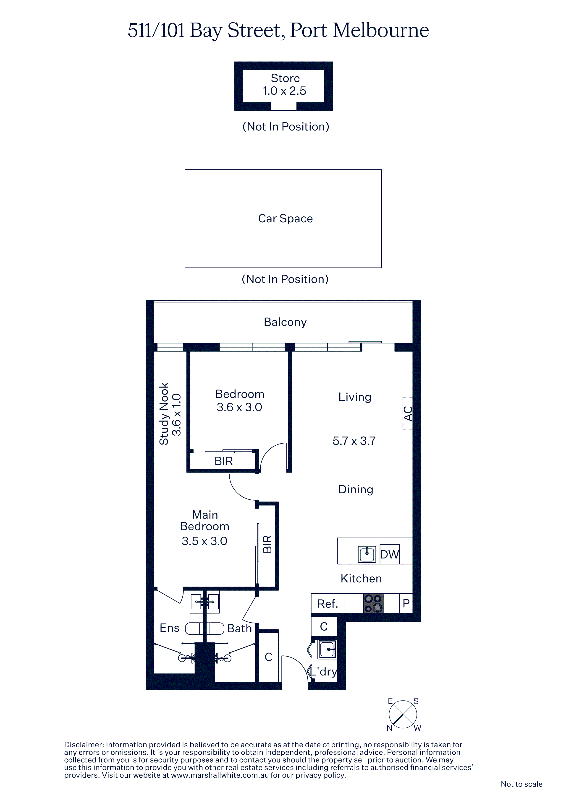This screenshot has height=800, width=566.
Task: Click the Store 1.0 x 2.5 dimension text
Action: [284, 91]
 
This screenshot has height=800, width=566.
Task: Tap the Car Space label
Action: [285, 218]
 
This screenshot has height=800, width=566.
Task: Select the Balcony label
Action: [285, 322]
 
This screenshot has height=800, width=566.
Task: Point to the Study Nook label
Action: [164, 414]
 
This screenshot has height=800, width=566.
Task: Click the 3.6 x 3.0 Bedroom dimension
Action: [239, 407]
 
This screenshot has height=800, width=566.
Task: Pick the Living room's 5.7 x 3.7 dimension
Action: [354, 441]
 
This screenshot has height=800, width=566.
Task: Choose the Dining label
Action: [356, 489]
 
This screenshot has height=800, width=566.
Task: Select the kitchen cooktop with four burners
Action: [373, 603]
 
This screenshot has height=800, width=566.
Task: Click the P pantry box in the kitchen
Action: [406, 603]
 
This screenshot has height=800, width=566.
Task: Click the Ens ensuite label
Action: [170, 628]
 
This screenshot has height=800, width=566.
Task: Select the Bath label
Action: [239, 628]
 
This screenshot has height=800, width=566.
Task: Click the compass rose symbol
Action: [403, 714]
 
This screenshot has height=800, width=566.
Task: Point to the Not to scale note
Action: [521, 784]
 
